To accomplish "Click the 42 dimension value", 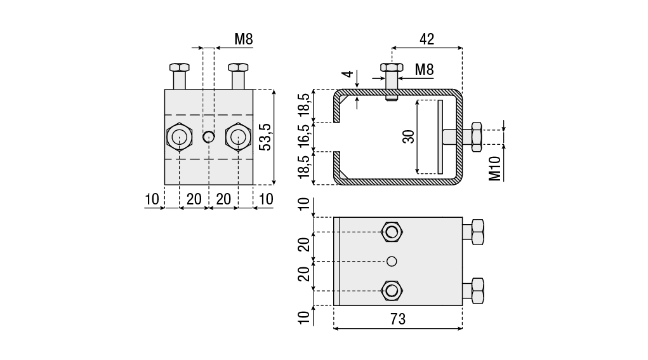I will pos(426,39).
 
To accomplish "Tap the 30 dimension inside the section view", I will pos(409,137).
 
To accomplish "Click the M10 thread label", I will pos(496,168).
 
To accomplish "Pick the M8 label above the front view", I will pos(244,39).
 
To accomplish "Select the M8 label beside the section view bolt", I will pos(425,69).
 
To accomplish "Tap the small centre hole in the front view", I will pos(208,136).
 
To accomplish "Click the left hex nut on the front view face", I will pos(179,137).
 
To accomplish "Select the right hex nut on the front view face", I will pos(237,137).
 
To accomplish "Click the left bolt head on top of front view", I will pos(179,67).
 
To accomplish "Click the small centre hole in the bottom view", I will pos(392,261).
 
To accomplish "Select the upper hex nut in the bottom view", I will pos(392,232).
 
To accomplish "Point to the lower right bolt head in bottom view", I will pos(476,290).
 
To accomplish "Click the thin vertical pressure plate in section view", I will pos(439,137).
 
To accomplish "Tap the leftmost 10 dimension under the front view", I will pos(151,199).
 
